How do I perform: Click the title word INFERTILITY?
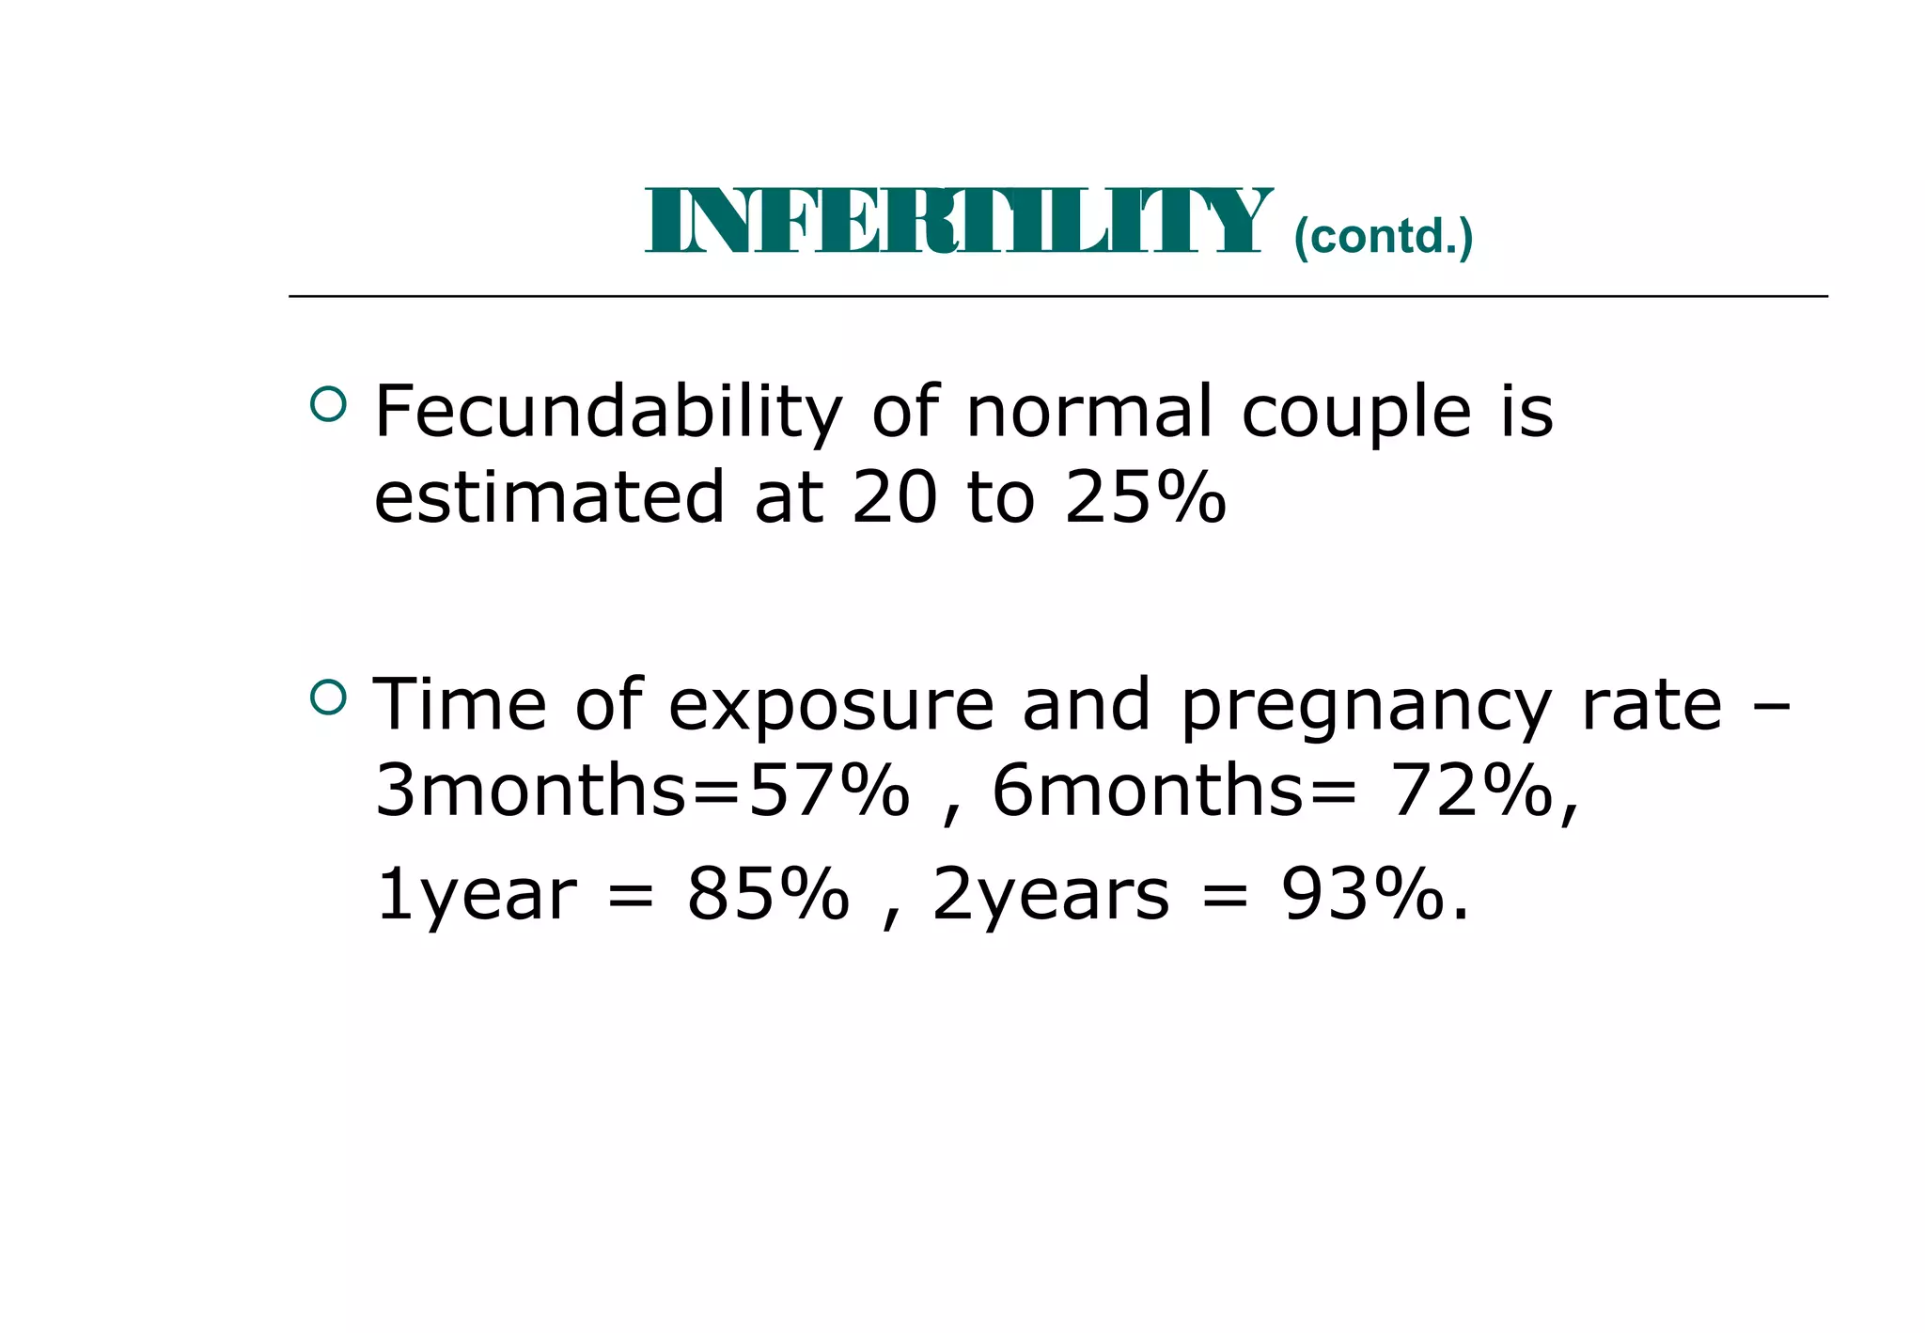point(957,222)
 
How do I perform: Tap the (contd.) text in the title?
point(1383,236)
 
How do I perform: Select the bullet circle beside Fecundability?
point(328,404)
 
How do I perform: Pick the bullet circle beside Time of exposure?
point(328,697)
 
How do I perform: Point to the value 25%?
point(1145,497)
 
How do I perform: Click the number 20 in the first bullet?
point(894,497)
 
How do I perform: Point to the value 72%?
point(1471,791)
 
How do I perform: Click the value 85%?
point(768,894)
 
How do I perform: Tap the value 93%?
point(1362,894)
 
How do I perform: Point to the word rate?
point(1651,706)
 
